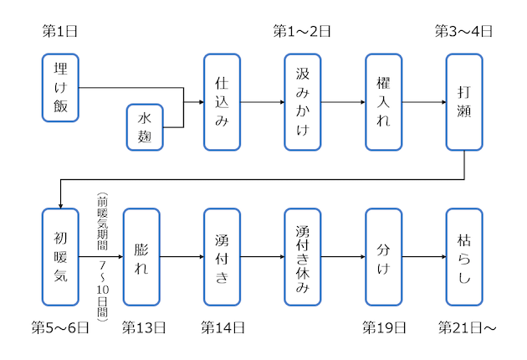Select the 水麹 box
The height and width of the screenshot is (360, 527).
coord(144,127)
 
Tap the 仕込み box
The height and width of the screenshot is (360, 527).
coord(222,102)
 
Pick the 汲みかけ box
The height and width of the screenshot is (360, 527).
coord(303,102)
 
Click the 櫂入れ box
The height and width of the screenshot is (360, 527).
coord(384,102)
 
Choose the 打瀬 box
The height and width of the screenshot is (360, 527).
coord(464,102)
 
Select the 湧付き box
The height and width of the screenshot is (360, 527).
coord(222,257)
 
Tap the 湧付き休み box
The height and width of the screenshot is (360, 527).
coord(303,257)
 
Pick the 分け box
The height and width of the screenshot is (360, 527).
coord(384,257)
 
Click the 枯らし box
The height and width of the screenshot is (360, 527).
coord(464,257)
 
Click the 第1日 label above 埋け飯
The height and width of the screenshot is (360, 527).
coord(60,32)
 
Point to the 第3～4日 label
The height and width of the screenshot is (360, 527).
coord(464,32)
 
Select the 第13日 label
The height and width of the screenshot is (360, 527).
coord(144,327)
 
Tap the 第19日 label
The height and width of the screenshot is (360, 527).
coord(384,327)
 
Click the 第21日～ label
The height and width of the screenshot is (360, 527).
coord(468,327)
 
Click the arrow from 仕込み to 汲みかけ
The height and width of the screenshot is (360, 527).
coord(262,102)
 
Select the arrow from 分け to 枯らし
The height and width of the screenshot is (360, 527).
coord(424,257)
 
